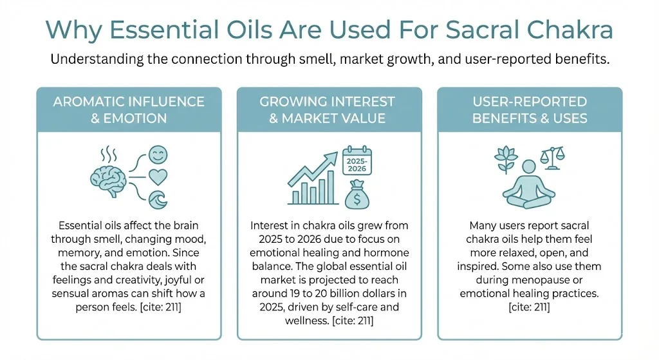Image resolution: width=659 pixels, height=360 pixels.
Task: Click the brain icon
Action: (x=107, y=178)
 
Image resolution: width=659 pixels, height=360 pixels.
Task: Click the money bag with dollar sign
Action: (x=356, y=194)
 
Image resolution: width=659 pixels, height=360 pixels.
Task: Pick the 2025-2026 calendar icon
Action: (x=357, y=160)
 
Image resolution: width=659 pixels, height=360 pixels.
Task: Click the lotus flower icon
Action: (x=505, y=156)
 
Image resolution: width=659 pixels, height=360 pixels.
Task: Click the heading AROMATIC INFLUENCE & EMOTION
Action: (x=129, y=110)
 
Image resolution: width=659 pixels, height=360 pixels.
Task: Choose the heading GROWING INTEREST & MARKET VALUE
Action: (x=329, y=110)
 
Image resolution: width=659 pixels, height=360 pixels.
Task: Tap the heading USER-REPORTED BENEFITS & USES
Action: (x=530, y=110)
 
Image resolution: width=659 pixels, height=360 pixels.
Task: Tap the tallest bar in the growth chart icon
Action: (x=331, y=186)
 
